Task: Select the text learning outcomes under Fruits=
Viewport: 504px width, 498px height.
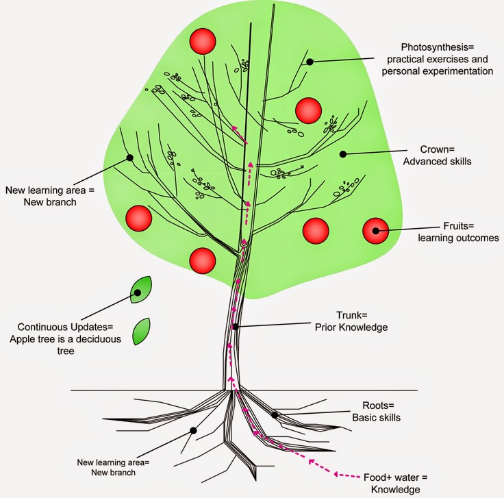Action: tap(458, 238)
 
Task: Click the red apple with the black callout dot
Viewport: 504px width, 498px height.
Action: tap(375, 231)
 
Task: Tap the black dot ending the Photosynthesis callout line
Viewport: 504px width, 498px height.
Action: tap(310, 62)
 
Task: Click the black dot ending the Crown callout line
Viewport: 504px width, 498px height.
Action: tap(343, 154)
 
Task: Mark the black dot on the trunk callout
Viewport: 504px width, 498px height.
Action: tap(235, 327)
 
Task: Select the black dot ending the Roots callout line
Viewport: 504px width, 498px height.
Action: tap(274, 414)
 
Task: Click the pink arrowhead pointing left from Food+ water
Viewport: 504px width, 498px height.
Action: tap(310, 462)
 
